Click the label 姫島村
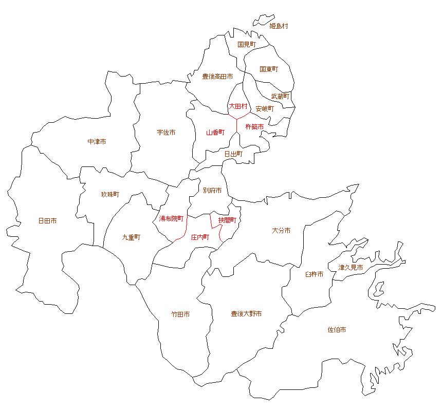279,26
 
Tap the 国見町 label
247,45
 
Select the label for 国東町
269,69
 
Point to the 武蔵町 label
281,96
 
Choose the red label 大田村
238,106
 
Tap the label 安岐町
265,109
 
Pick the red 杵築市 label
255,126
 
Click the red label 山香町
215,133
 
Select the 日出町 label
233,154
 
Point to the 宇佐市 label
166,133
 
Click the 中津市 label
97,141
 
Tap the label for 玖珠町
110,195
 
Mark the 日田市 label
47,221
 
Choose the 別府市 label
212,191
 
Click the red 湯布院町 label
171,219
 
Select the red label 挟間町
227,220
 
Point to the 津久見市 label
351,268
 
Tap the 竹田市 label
180,314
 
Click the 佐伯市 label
337,330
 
